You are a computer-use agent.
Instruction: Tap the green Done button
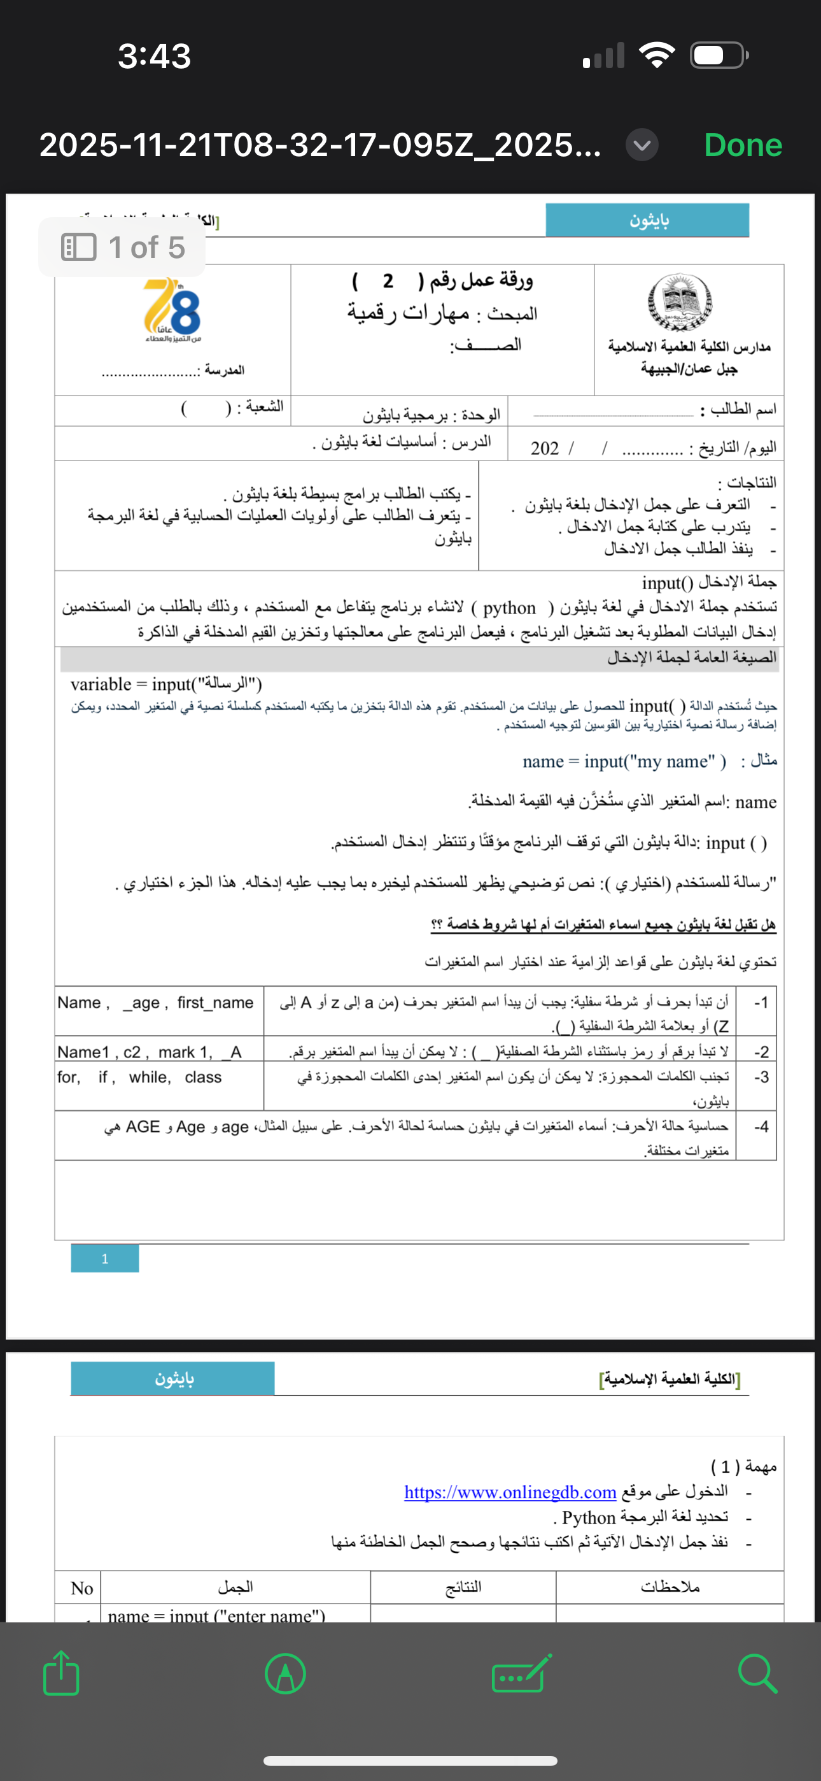(743, 145)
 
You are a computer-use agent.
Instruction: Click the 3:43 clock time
(154, 56)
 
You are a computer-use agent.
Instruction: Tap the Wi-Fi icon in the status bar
(657, 55)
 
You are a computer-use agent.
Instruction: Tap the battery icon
(719, 55)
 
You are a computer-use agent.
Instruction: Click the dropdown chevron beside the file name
(642, 145)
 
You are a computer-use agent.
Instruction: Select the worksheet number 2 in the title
(388, 281)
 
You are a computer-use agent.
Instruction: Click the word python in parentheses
(509, 608)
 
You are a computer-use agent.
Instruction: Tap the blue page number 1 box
(105, 1258)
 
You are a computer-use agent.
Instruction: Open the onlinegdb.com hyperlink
(510, 1492)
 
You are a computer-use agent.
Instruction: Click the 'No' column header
(81, 1588)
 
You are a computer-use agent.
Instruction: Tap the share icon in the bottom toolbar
(62, 1673)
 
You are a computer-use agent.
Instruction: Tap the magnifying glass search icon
(757, 1673)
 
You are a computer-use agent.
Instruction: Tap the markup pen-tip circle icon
(285, 1673)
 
